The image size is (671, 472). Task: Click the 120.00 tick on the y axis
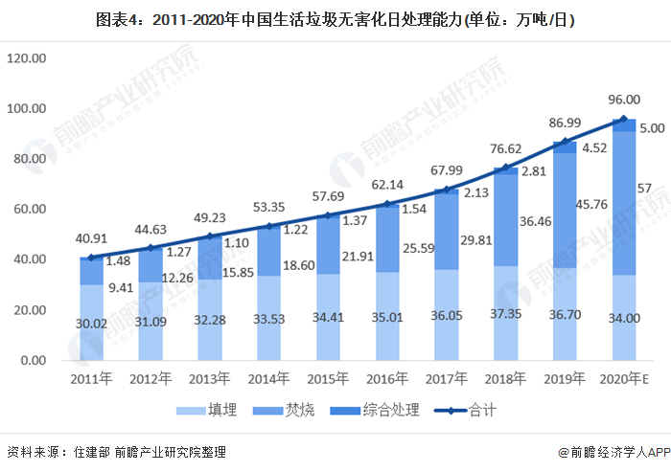point(26,58)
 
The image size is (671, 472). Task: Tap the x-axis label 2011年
point(91,377)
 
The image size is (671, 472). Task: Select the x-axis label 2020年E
point(623,377)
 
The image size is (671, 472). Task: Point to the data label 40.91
point(91,239)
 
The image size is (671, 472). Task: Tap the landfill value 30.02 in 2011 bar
point(91,324)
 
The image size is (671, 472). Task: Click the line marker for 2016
point(386,204)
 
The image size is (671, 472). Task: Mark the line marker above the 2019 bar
point(564,143)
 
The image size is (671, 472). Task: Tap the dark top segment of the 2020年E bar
point(623,125)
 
